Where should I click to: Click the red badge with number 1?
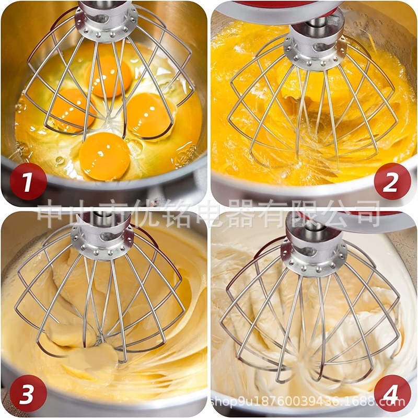coord(28,181)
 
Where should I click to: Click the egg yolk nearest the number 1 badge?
coord(104,156)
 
